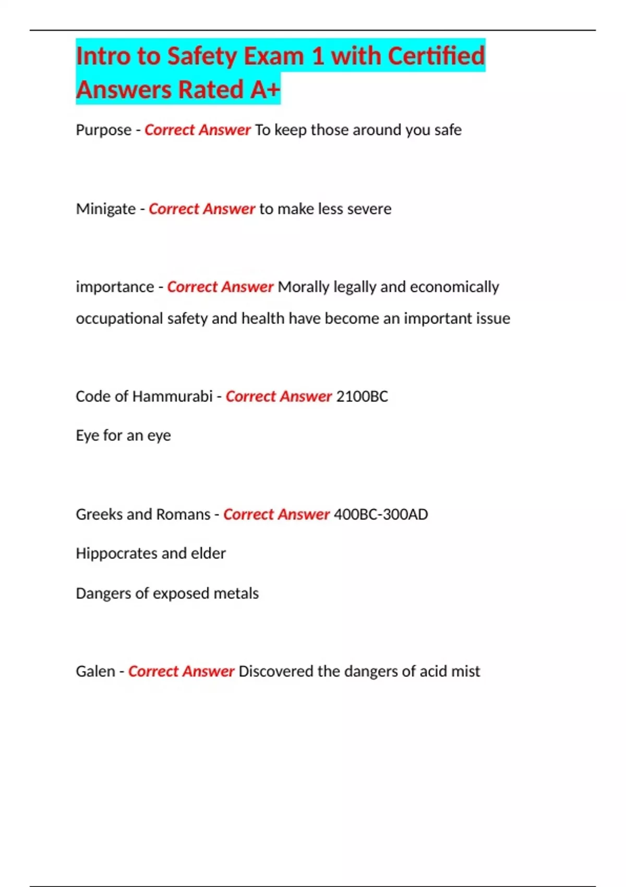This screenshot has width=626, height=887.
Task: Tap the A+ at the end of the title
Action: pos(265,90)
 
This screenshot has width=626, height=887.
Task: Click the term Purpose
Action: pos(103,130)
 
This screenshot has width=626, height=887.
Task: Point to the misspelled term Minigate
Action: pos(105,209)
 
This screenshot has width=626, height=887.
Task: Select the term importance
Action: pos(115,287)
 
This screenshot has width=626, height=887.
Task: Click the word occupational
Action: pos(119,318)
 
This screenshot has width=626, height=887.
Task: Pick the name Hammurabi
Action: pos(172,397)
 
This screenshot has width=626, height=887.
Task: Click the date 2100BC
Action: pos(362,397)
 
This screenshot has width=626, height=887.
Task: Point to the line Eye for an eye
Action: pos(123,436)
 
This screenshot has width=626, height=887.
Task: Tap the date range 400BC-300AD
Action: pos(381,514)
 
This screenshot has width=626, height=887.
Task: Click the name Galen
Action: pos(95,671)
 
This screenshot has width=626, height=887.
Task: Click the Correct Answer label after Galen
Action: pos(181,671)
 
